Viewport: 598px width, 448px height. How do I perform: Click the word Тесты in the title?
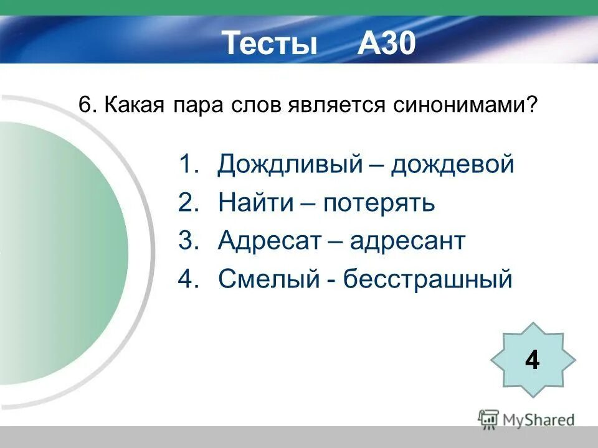click(270, 44)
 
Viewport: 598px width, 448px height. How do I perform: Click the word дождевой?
click(453, 165)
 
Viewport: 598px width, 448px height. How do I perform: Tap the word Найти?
click(257, 203)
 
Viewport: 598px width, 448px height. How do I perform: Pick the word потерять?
click(379, 203)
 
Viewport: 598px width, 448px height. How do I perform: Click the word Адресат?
click(270, 241)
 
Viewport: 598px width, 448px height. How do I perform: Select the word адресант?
click(407, 241)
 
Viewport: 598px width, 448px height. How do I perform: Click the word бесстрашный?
click(428, 279)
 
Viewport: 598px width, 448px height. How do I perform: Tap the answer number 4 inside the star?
click(532, 360)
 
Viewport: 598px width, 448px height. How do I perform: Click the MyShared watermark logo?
click(526, 419)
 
